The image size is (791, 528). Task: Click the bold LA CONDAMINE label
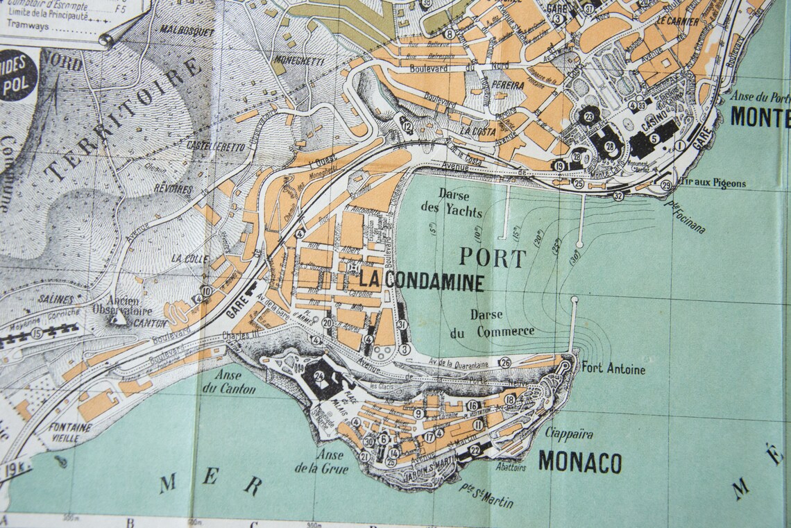[x=421, y=282]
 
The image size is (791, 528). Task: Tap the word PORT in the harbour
[x=493, y=258]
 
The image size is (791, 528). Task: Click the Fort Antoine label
[x=613, y=369]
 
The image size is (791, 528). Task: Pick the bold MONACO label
[x=579, y=462]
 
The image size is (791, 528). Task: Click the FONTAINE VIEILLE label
[x=70, y=433]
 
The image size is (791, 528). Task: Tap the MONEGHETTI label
[x=298, y=61]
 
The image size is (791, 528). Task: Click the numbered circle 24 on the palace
[x=320, y=376]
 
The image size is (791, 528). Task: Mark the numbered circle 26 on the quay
[x=505, y=363]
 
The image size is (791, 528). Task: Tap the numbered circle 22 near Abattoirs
[x=475, y=450]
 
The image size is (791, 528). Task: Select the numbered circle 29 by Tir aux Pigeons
[x=666, y=185]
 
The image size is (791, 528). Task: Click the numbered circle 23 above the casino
[x=590, y=116]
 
